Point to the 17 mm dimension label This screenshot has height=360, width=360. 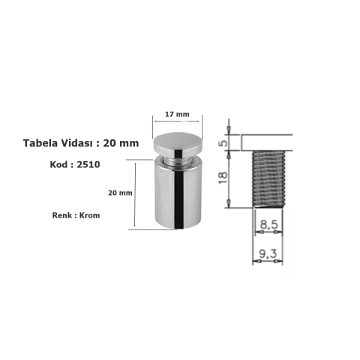(177, 114)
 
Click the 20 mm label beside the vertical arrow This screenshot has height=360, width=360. (120, 193)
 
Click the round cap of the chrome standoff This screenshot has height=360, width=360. (178, 143)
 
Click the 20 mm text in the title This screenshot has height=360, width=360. (123, 143)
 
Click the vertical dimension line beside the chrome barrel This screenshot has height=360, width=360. (135, 196)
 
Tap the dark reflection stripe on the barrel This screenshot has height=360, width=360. (181, 199)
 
